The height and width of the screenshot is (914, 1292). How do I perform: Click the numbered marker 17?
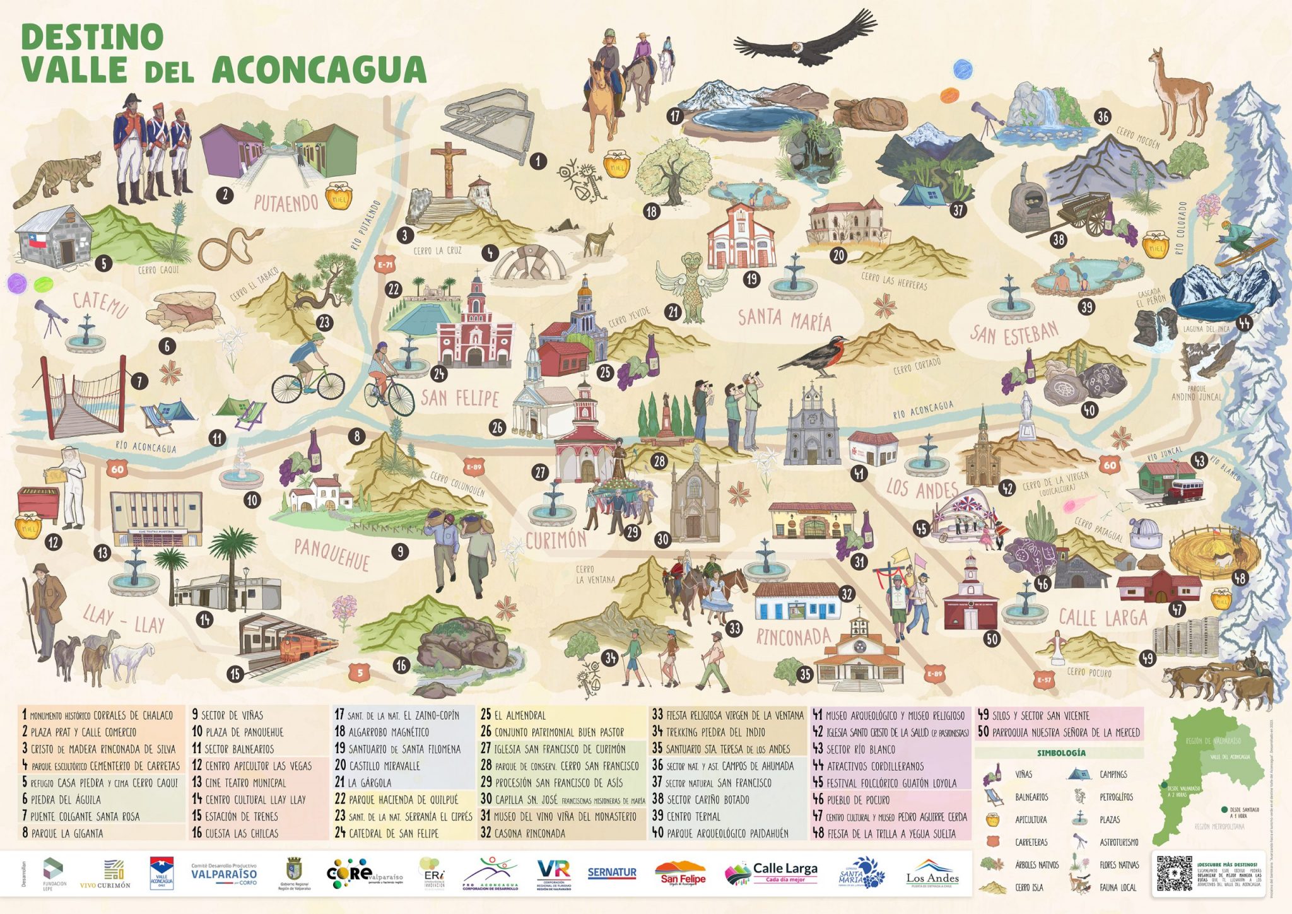point(676,116)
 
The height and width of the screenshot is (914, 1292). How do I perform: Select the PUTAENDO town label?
point(286,202)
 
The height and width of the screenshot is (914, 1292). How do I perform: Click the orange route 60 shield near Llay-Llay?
point(117,469)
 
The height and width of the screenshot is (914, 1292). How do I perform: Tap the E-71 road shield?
point(385,264)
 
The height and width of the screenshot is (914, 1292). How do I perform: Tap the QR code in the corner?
point(1174,873)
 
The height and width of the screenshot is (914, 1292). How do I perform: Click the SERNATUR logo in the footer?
point(611,873)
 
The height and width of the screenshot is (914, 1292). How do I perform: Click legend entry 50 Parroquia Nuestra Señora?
point(1059,732)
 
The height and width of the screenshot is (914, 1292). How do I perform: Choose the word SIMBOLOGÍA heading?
point(1061,753)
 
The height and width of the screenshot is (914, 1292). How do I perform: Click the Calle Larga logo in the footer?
point(772,873)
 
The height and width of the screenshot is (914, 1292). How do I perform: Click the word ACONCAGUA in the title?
point(319,70)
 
